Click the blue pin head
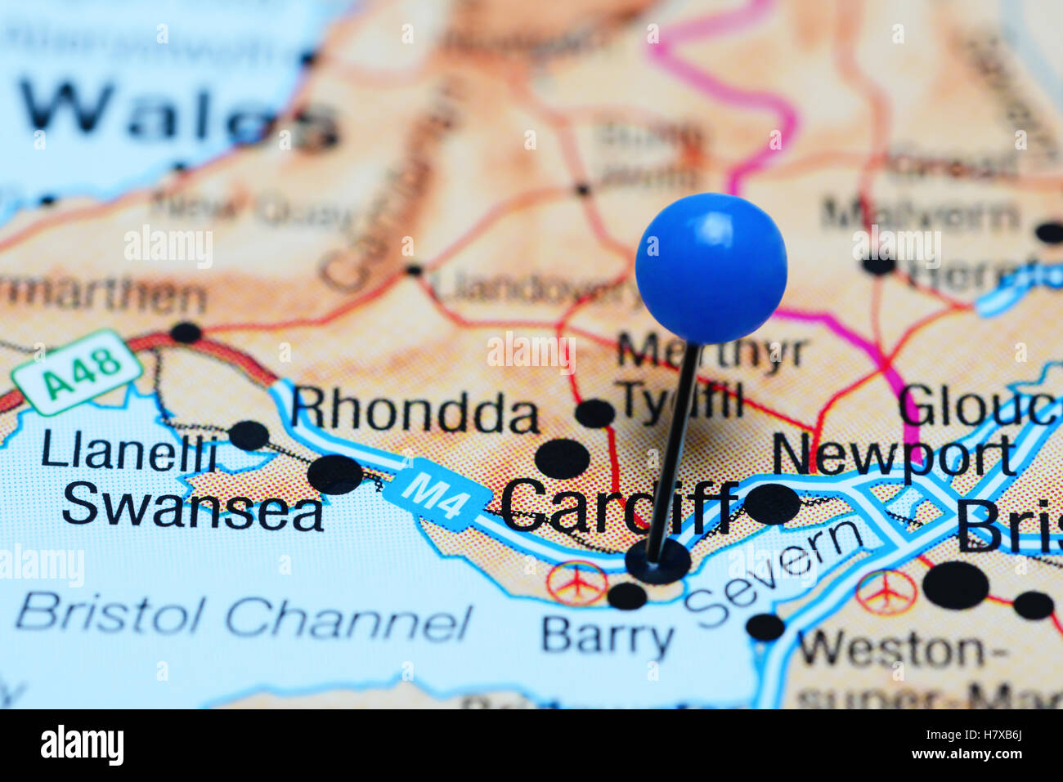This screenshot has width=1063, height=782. [711, 267]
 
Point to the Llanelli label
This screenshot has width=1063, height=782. [128, 452]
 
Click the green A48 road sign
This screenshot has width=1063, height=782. [78, 373]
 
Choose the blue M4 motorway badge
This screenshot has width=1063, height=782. [434, 494]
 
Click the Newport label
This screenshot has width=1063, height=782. [894, 454]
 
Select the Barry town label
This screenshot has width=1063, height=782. [608, 636]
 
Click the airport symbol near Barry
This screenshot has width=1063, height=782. [576, 583]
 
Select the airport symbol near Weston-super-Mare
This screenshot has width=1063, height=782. [886, 591]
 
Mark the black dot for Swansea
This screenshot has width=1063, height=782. [335, 475]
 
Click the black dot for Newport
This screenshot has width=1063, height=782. [771, 503]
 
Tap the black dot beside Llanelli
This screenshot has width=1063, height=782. [249, 435]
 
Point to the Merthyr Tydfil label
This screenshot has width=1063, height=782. [703, 376]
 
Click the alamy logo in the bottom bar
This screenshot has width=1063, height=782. [82, 745]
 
